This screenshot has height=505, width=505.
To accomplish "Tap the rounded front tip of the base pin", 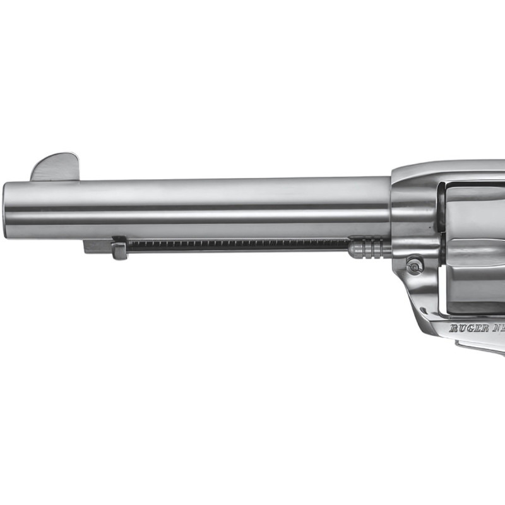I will (x=352, y=248).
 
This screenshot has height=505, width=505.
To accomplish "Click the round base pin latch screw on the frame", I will (x=414, y=266).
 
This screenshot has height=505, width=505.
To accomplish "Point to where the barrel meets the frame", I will (x=391, y=208).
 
